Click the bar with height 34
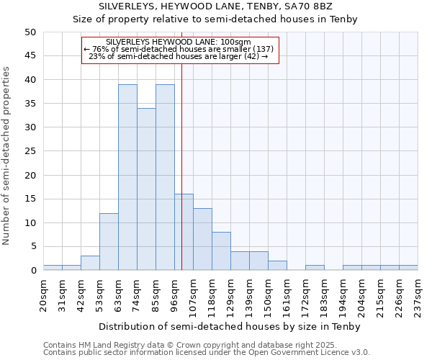(x=146, y=189)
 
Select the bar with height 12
(x=109, y=242)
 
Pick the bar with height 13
(x=202, y=239)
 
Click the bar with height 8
(x=221, y=251)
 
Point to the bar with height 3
(x=90, y=263)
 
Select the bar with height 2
(x=277, y=266)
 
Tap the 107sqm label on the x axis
(x=193, y=294)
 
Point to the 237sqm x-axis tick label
(x=418, y=294)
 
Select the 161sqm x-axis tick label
(x=287, y=294)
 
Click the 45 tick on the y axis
(x=30, y=56)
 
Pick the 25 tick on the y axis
(x=30, y=151)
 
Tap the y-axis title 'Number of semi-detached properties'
(x=6, y=156)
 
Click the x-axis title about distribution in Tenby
(x=229, y=326)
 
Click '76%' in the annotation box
(x=99, y=49)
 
